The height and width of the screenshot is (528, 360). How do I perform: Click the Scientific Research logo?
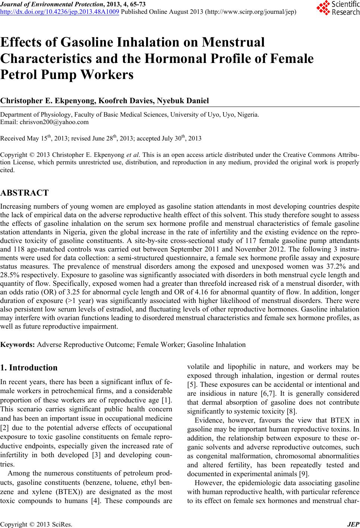pos(338,8)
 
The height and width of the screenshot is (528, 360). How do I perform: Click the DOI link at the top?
pos(60,12)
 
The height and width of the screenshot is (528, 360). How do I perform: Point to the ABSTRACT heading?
pos(25,193)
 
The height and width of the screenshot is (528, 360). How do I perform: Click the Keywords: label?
pos(18,344)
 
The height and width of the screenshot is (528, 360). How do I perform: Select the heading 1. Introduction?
pos(29,368)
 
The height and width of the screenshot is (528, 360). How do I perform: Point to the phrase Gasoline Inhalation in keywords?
pos(217,344)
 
